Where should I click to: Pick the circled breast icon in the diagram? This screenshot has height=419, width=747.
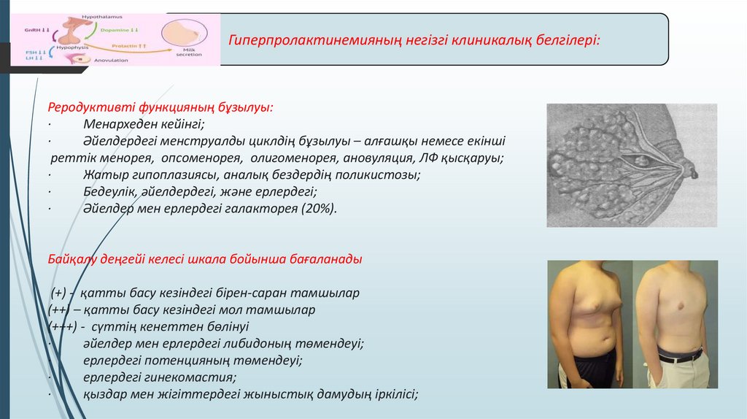pyautogui.click(x=183, y=32)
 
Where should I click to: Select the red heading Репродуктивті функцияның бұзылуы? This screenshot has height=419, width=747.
pyautogui.click(x=161, y=107)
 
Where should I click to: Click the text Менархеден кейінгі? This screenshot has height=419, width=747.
pyautogui.click(x=144, y=124)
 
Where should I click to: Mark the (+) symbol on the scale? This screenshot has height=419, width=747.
pyautogui.click(x=59, y=293)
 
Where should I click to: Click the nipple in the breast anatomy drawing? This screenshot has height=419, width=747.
pyautogui.click(x=689, y=170)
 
